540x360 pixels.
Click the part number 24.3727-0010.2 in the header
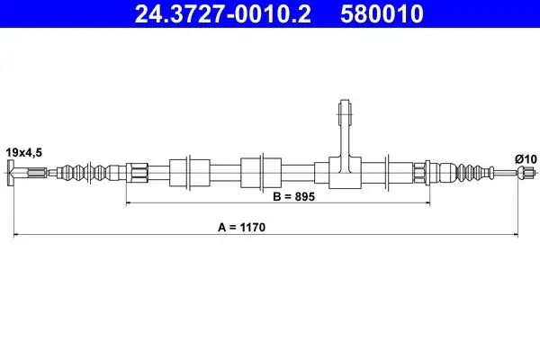point(223,13)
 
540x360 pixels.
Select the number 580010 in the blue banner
point(382,13)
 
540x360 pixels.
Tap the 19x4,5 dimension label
point(23,152)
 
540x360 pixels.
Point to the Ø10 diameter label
point(526,159)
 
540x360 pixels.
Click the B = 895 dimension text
point(293,197)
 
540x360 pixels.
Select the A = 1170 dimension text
point(241,228)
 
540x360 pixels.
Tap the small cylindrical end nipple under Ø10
point(526,172)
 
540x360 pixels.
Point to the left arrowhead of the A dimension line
point(16,235)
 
